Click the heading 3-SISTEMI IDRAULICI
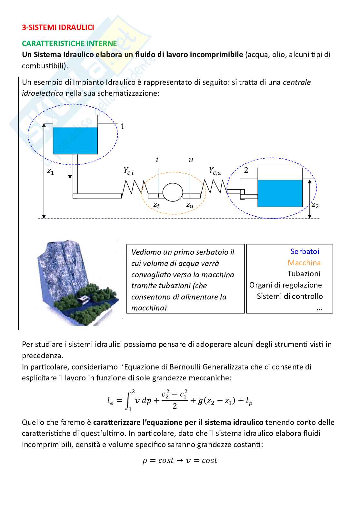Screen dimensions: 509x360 (58, 27)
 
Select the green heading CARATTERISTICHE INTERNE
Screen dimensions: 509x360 (69, 44)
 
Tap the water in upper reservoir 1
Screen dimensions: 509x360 (75, 141)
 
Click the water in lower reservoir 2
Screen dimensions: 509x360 (280, 193)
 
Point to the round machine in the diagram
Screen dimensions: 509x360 (173, 192)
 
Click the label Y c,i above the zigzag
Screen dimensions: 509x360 (129, 171)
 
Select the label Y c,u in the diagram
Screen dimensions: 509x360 (215, 171)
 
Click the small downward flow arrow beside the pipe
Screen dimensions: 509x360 (69, 174)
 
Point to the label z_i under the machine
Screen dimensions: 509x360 (156, 205)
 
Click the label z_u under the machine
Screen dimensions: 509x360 (190, 205)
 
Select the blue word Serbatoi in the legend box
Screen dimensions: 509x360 (305, 251)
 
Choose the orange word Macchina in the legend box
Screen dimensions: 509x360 (304, 263)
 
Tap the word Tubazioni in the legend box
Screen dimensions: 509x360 (304, 274)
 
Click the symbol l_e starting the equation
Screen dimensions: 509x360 (110, 401)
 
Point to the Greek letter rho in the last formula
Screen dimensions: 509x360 (145, 461)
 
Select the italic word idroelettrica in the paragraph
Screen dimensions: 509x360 (43, 93)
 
